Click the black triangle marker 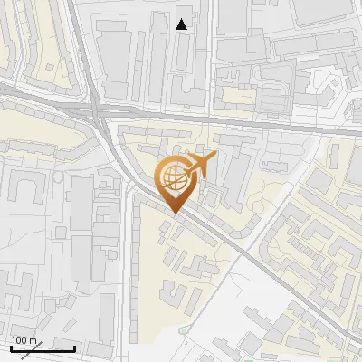click(x=182, y=24)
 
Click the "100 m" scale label click(x=24, y=340)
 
